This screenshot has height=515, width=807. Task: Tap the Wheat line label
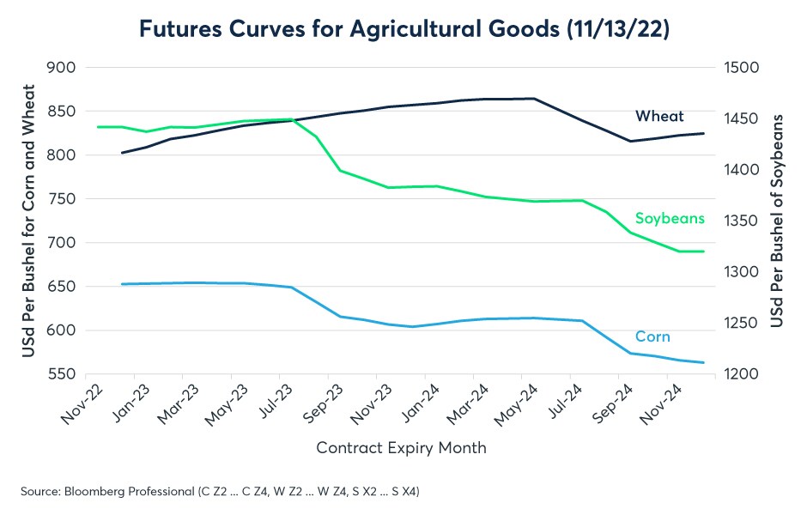point(659,116)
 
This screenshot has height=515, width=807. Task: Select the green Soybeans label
point(670,218)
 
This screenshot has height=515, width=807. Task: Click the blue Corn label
point(652,336)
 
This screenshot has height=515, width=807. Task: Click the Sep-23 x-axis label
point(325,405)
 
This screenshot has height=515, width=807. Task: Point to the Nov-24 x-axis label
point(664,405)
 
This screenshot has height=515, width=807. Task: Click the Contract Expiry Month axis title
point(401,447)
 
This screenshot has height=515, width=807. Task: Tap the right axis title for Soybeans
point(777,221)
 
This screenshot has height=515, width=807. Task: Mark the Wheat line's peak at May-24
point(536,99)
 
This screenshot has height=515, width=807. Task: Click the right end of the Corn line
point(704,362)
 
